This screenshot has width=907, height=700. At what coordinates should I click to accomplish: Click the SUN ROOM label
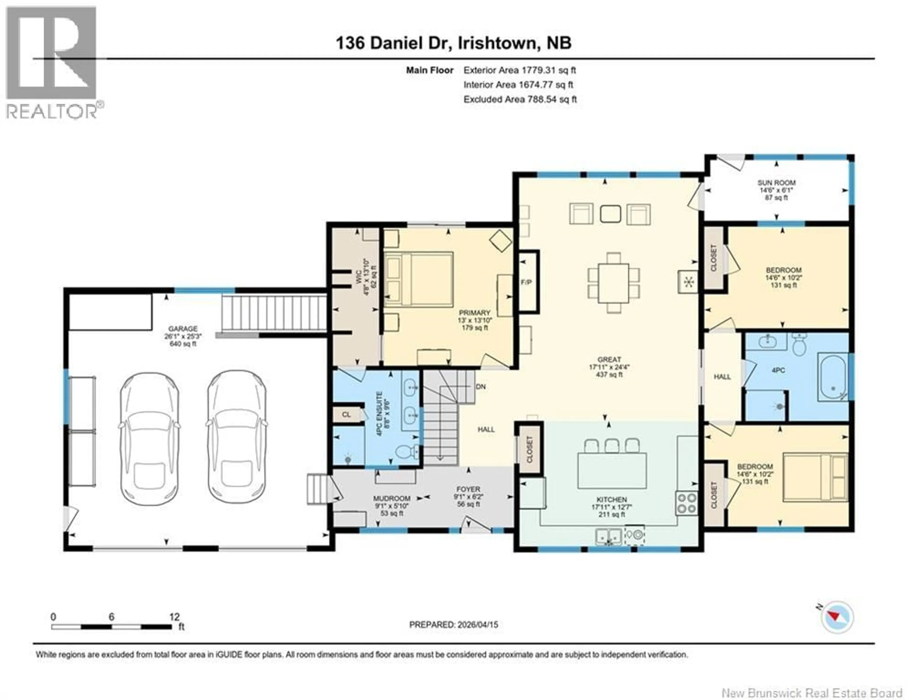pyautogui.click(x=776, y=183)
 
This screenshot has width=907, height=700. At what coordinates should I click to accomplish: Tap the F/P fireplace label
pyautogui.click(x=526, y=282)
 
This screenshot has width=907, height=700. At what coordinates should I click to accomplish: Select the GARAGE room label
pyautogui.click(x=183, y=329)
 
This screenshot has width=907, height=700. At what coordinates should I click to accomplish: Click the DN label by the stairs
pyautogui.click(x=480, y=387)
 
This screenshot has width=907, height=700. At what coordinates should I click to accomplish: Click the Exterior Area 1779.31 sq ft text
pyautogui.click(x=520, y=70)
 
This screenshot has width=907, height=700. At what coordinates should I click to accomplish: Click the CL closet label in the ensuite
pyautogui.click(x=346, y=414)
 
